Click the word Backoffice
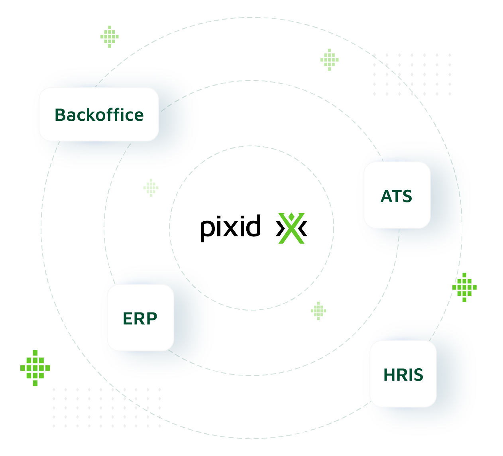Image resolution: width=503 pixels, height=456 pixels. [x=99, y=115]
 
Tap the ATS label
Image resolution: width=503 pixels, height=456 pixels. [x=396, y=196]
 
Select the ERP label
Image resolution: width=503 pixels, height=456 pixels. [x=140, y=318]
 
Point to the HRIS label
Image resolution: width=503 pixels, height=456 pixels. [x=403, y=375]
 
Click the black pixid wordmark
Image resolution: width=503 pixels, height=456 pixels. [x=231, y=228]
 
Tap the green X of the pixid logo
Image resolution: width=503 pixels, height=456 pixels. [x=291, y=228]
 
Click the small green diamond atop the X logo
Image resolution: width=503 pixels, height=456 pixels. [x=291, y=216]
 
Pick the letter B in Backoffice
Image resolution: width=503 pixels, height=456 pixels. [x=60, y=115]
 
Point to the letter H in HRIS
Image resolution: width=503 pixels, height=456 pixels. [x=389, y=375]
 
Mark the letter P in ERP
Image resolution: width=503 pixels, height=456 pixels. [x=151, y=318]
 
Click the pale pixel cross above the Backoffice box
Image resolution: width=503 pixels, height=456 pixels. [x=110, y=37]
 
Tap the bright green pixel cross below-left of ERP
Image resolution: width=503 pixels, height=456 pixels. [x=35, y=368]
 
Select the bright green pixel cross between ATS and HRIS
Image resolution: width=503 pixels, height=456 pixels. [x=464, y=287]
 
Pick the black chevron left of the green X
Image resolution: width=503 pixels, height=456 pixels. [x=280, y=228]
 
